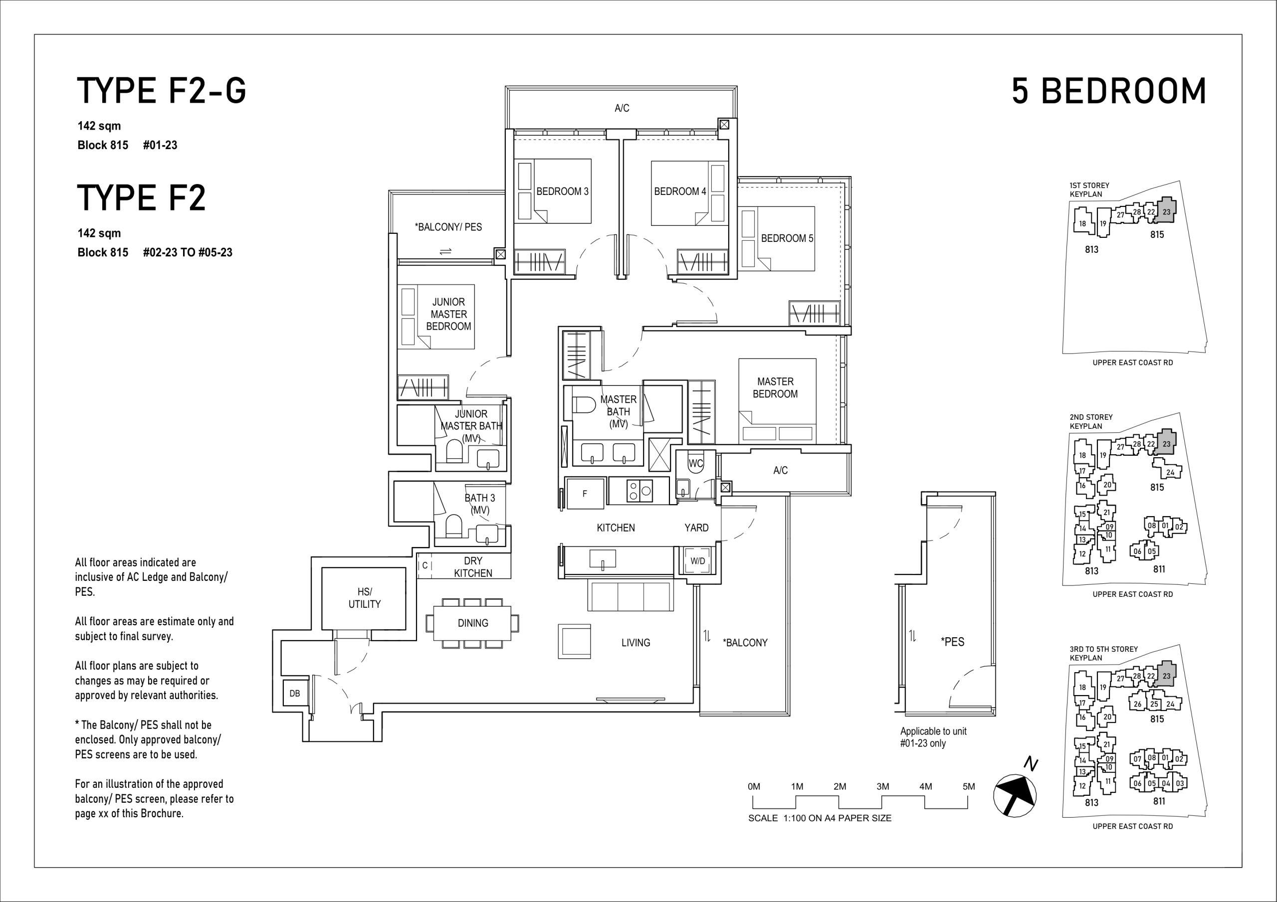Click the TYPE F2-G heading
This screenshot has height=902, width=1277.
pos(161,91)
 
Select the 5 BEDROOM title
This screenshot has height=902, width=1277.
pos(1109,91)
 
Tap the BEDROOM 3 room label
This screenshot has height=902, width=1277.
pos(562,191)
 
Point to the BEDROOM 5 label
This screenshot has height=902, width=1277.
pos(787,238)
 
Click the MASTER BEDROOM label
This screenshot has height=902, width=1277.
pos(775,387)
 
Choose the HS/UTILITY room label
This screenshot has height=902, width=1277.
pos(364,598)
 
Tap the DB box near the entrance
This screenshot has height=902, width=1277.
pos(295,694)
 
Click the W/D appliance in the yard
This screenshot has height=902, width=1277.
pos(697,561)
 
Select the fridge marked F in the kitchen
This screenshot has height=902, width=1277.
pos(585,493)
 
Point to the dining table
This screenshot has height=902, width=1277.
pos(472,623)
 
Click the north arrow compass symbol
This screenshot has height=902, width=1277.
pos(1015,795)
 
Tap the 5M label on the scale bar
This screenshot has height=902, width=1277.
pos(969,786)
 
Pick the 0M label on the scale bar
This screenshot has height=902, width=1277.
pos(754,786)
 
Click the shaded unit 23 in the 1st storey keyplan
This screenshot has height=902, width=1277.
pos(1166,211)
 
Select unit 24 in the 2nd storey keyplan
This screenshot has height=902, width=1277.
pos(1170,472)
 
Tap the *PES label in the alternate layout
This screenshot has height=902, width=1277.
pos(953,642)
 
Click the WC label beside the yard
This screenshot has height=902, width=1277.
pos(696,463)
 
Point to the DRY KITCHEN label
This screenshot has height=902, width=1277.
pos(473,566)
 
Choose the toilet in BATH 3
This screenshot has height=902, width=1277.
pos(454,526)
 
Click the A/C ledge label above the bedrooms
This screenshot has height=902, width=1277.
pos(622,108)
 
